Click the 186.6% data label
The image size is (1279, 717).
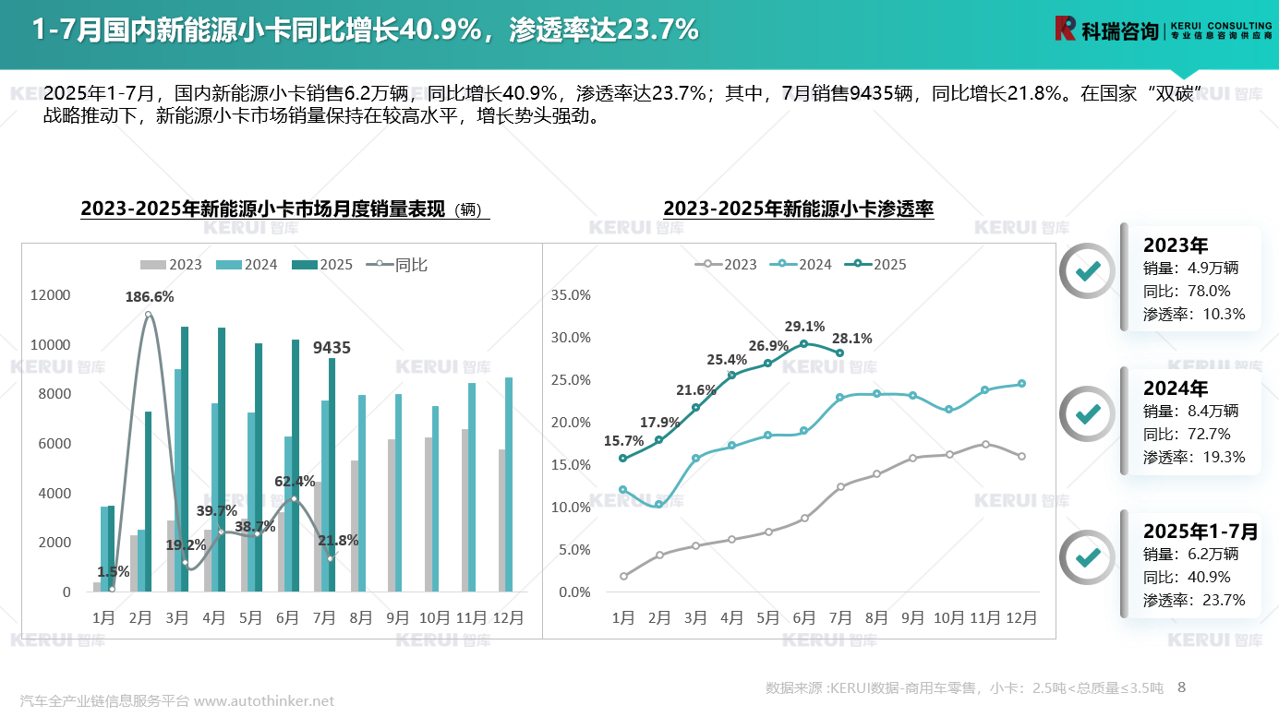click(150, 297)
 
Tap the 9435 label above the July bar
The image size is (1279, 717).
click(332, 348)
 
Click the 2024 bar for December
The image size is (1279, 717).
click(509, 484)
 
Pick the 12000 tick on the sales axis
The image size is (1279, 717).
click(51, 295)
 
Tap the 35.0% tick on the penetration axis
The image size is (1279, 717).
click(571, 295)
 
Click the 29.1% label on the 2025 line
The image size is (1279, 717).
click(804, 327)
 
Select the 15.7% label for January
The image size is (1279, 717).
click(625, 441)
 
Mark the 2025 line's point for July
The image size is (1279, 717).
click(839, 353)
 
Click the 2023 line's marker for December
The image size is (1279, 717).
click(1021, 456)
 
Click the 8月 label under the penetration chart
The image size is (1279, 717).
click(876, 618)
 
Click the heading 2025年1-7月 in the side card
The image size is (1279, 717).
click(1201, 532)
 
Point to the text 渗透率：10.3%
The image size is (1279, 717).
click(1194, 314)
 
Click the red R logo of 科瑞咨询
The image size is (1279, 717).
click(1066, 29)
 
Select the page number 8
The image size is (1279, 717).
click(1181, 687)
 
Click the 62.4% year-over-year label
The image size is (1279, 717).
click(295, 482)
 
